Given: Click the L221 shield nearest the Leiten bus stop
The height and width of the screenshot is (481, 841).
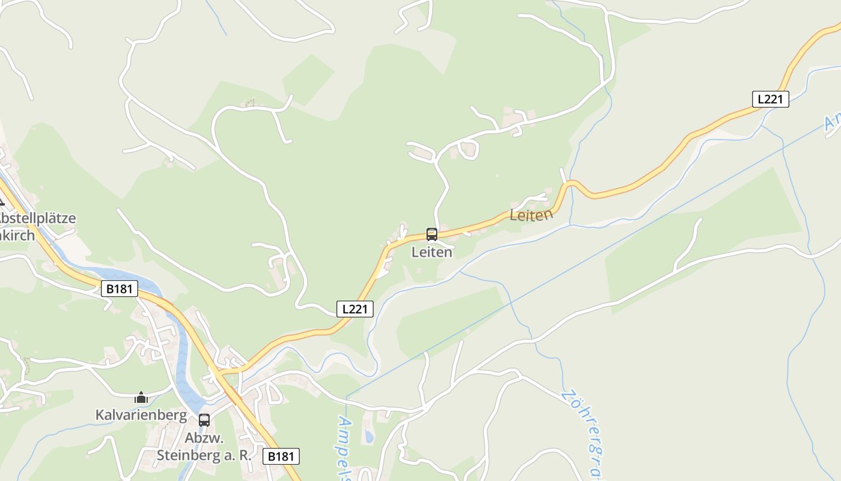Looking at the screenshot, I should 354,309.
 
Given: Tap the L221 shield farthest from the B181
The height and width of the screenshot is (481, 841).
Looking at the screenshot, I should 770,99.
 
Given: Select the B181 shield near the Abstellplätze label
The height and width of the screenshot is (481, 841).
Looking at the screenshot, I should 119,289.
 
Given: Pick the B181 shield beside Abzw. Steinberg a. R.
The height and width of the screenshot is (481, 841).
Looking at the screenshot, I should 281,456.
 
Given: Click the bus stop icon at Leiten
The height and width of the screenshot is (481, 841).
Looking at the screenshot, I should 431,234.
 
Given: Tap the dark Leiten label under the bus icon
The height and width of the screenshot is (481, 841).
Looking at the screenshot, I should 431,253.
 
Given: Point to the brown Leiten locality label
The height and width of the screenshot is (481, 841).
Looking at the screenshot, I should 530,215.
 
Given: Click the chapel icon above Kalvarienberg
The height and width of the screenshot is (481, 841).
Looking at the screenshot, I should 141,397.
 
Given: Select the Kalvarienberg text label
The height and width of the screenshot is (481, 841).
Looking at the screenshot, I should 141,415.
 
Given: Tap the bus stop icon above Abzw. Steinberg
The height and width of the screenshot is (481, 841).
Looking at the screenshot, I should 204,420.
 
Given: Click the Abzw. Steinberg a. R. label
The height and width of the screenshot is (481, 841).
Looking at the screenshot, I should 204,447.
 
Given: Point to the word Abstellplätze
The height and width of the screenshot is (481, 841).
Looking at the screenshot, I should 37,218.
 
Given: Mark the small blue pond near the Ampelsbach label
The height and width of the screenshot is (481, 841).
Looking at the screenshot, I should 368,437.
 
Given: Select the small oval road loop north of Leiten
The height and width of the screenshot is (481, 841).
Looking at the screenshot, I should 468,149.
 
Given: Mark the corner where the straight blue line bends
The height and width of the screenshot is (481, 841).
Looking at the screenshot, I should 347,397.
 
